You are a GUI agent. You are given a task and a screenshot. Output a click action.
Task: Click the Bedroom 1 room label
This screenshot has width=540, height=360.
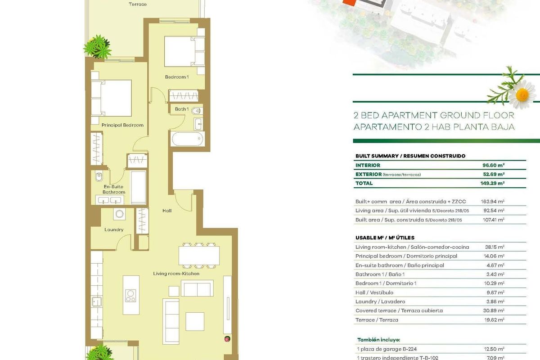[x=177, y=77]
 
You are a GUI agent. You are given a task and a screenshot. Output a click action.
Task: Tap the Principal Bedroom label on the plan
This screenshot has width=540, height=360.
[x=122, y=125]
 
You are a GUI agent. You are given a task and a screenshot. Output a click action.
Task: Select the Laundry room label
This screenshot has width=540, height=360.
[x=114, y=229]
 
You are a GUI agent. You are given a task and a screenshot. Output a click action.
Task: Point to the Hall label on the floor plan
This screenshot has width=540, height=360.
[x=167, y=211]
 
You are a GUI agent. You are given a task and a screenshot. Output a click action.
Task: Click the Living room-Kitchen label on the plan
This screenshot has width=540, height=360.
[x=176, y=274]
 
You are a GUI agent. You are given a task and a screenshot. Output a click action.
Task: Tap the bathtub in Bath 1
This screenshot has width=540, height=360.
[x=187, y=139]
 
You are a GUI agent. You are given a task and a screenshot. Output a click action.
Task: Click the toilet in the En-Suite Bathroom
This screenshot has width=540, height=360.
[x=99, y=176]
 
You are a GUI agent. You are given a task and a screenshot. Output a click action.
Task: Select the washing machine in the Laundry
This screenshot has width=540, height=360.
[x=119, y=214]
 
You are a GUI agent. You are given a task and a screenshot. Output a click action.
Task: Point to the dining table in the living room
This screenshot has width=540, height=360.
[x=199, y=256]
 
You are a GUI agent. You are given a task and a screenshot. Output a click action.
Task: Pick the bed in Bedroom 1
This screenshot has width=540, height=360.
[x=184, y=51]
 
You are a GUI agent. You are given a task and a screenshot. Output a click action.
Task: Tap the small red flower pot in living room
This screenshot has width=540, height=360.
[x=227, y=339]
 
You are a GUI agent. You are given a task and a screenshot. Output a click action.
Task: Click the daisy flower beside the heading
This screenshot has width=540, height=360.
[x=522, y=94]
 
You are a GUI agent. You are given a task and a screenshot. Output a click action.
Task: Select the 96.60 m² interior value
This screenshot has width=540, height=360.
[x=494, y=165]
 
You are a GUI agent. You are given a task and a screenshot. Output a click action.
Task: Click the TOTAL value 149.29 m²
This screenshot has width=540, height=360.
[x=492, y=183]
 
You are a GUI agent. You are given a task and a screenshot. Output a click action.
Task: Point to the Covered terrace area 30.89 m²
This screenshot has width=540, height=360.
[x=494, y=310]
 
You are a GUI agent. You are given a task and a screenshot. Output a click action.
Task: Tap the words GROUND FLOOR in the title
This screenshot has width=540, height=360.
[x=477, y=115]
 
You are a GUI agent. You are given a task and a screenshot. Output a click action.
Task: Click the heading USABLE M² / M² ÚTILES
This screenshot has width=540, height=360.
[x=385, y=238]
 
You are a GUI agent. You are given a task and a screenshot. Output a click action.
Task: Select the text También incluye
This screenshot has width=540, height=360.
[x=379, y=340]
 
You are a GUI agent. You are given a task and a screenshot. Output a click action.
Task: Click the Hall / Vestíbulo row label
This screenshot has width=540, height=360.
[x=374, y=292]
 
